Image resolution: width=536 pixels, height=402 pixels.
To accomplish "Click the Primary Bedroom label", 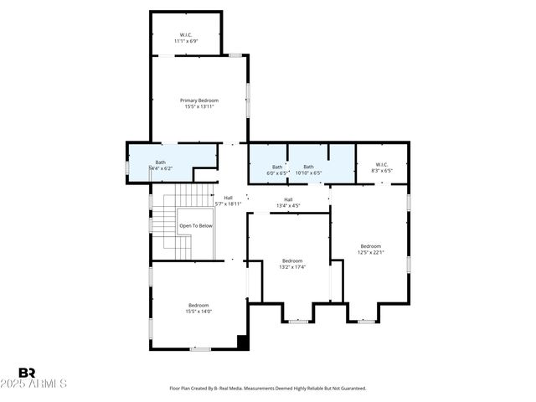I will coord(198,100).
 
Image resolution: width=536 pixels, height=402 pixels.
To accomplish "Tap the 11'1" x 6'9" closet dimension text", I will coord(186,40).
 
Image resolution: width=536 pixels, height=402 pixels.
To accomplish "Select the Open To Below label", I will coord(195,226).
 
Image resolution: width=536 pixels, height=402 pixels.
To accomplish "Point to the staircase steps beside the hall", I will coord(193,198).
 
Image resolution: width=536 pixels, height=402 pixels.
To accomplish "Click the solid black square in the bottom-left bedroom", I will coord(243,343).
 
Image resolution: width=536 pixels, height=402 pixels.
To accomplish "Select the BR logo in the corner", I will coord(27,373).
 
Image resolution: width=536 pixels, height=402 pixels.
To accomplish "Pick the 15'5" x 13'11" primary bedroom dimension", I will coord(198,106).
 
